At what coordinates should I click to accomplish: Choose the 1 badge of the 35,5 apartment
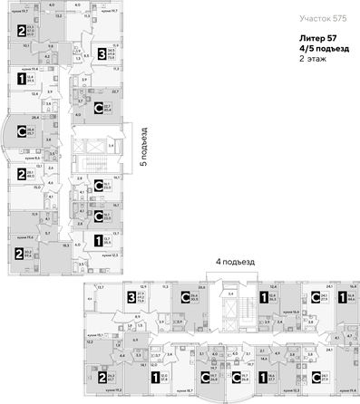tap(96, 240)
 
